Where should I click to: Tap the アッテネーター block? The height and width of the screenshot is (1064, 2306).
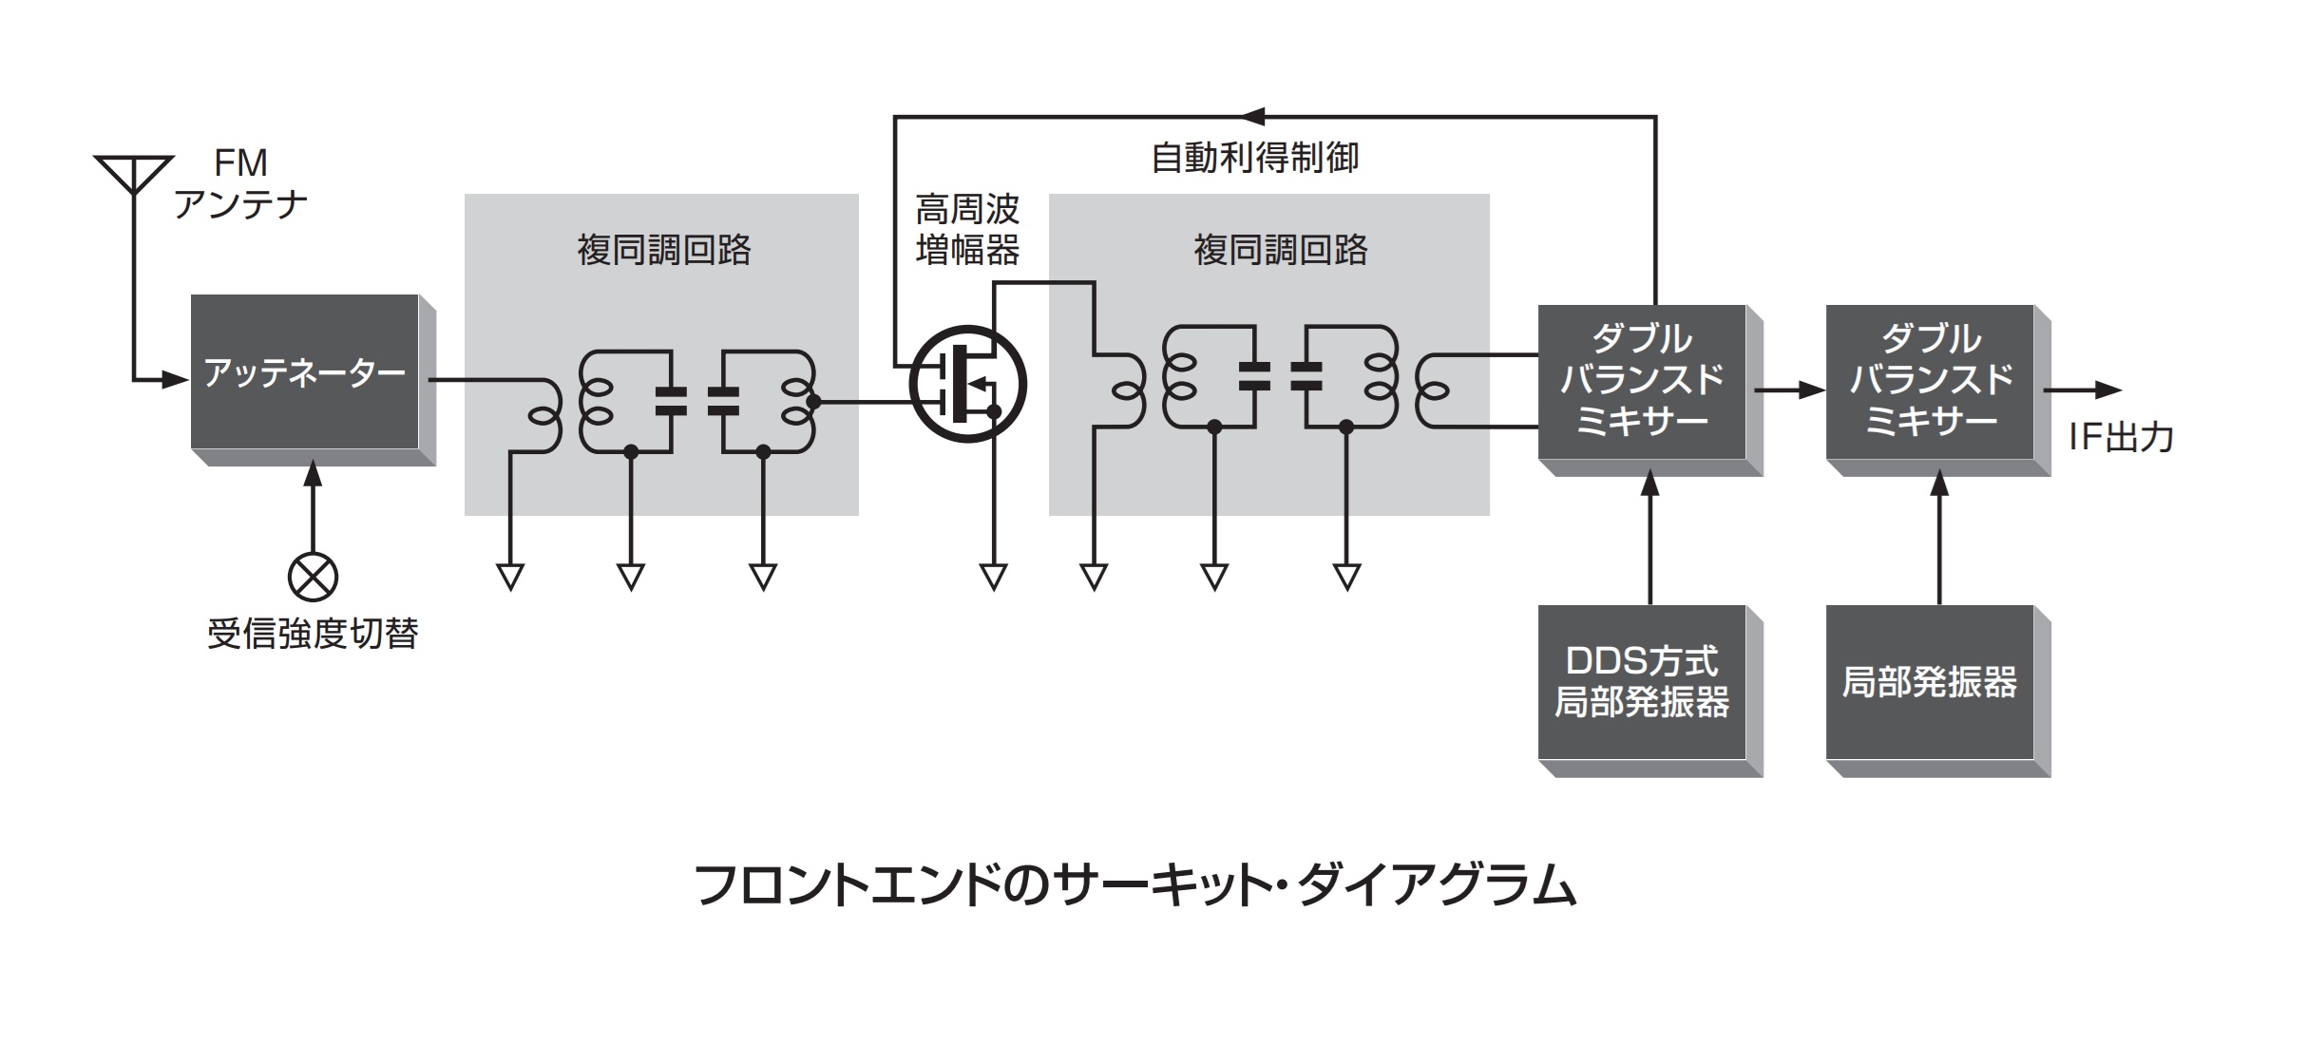pyautogui.click(x=305, y=372)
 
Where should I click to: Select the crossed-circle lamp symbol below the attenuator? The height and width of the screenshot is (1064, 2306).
pyautogui.click(x=313, y=577)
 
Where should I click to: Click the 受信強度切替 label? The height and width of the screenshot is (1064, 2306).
pyautogui.click(x=313, y=634)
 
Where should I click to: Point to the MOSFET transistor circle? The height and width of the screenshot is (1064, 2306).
pyautogui.click(x=967, y=385)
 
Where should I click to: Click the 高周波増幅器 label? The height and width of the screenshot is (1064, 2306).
pyautogui.click(x=967, y=230)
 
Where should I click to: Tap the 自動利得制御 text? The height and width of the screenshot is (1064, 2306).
pyautogui.click(x=1254, y=158)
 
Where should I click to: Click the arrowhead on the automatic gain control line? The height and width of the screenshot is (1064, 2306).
pyautogui.click(x=1254, y=117)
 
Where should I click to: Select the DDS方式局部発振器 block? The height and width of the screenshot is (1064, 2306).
pyautogui.click(x=1642, y=682)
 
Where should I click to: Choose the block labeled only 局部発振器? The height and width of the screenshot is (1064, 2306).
pyautogui.click(x=1930, y=682)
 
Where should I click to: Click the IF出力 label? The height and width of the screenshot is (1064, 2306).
pyautogui.click(x=2121, y=437)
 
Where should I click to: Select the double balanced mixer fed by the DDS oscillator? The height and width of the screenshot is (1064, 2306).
pyautogui.click(x=1642, y=382)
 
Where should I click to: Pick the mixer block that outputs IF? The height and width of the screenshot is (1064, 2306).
pyautogui.click(x=1930, y=382)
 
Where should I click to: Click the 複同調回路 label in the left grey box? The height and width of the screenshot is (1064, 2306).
pyautogui.click(x=664, y=250)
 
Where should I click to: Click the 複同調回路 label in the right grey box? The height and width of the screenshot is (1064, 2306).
pyautogui.click(x=1281, y=250)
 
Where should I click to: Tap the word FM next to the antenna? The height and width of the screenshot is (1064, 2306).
pyautogui.click(x=240, y=163)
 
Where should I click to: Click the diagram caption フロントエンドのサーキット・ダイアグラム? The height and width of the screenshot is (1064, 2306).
pyautogui.click(x=1136, y=886)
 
